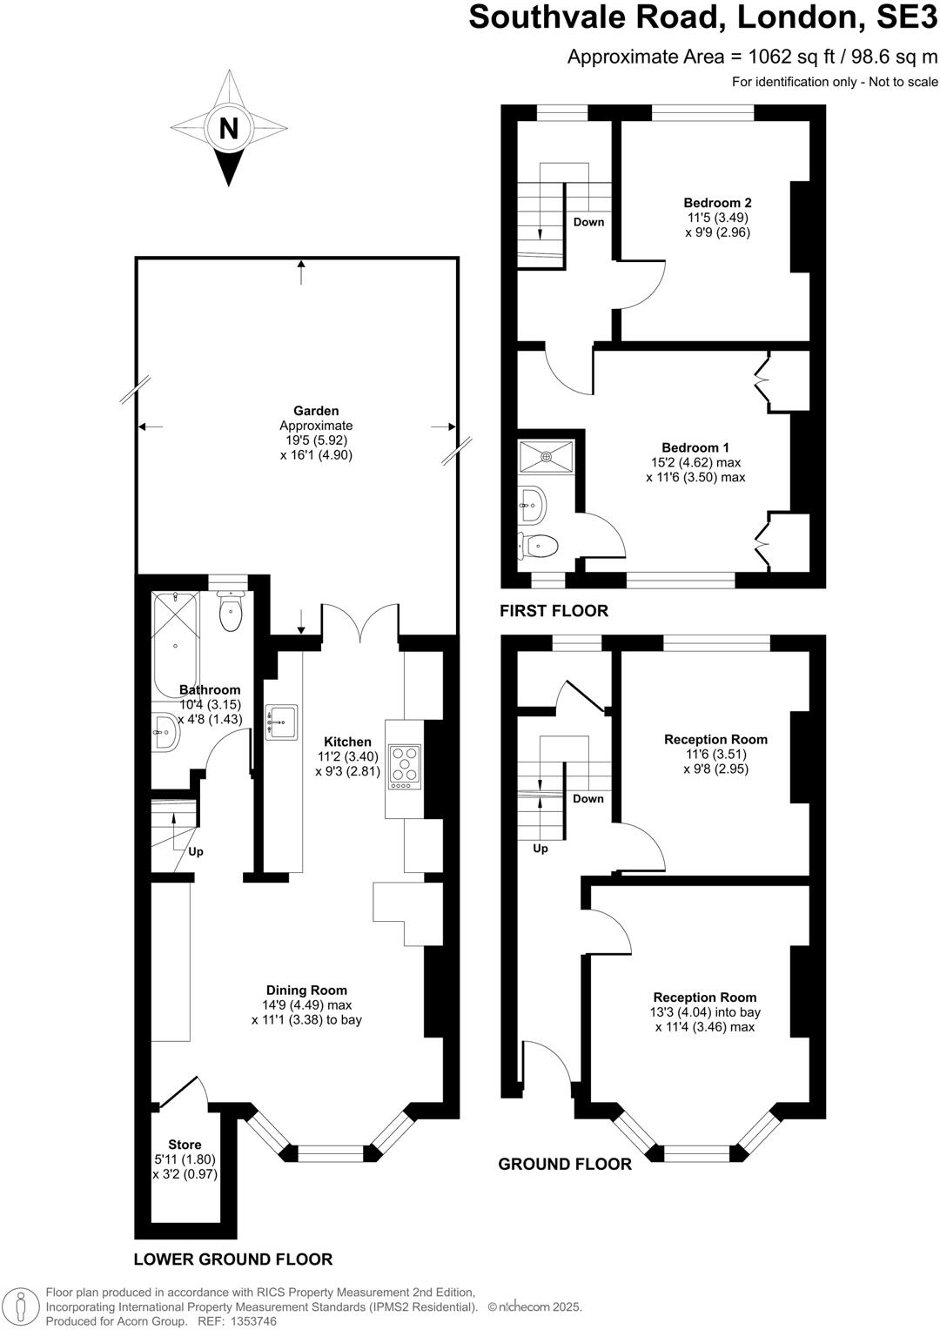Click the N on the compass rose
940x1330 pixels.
[228, 129]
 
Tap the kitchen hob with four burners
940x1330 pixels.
[404, 766]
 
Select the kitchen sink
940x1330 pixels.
[281, 722]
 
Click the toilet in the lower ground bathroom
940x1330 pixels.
[231, 612]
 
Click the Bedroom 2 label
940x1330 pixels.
[717, 203]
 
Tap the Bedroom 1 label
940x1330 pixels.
[695, 447]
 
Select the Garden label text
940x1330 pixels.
[316, 411]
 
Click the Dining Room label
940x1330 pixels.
[306, 990]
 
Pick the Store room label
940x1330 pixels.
[185, 1145]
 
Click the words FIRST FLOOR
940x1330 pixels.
[554, 611]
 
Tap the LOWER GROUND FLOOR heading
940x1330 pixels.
[233, 1259]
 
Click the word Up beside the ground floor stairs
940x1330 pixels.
[540, 849]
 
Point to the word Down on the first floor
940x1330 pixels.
[588, 222]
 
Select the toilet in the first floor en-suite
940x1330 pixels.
[538, 546]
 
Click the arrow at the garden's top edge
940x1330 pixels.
[301, 272]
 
